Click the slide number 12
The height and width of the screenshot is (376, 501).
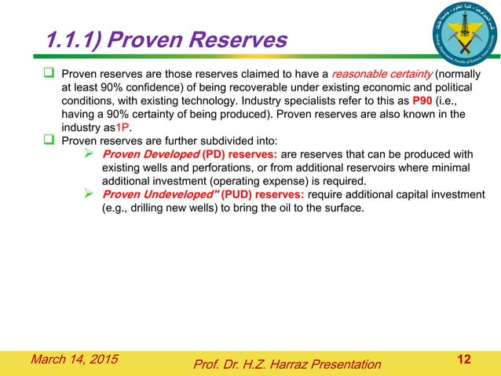tap(464, 359)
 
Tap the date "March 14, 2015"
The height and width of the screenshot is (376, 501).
tap(75, 359)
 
